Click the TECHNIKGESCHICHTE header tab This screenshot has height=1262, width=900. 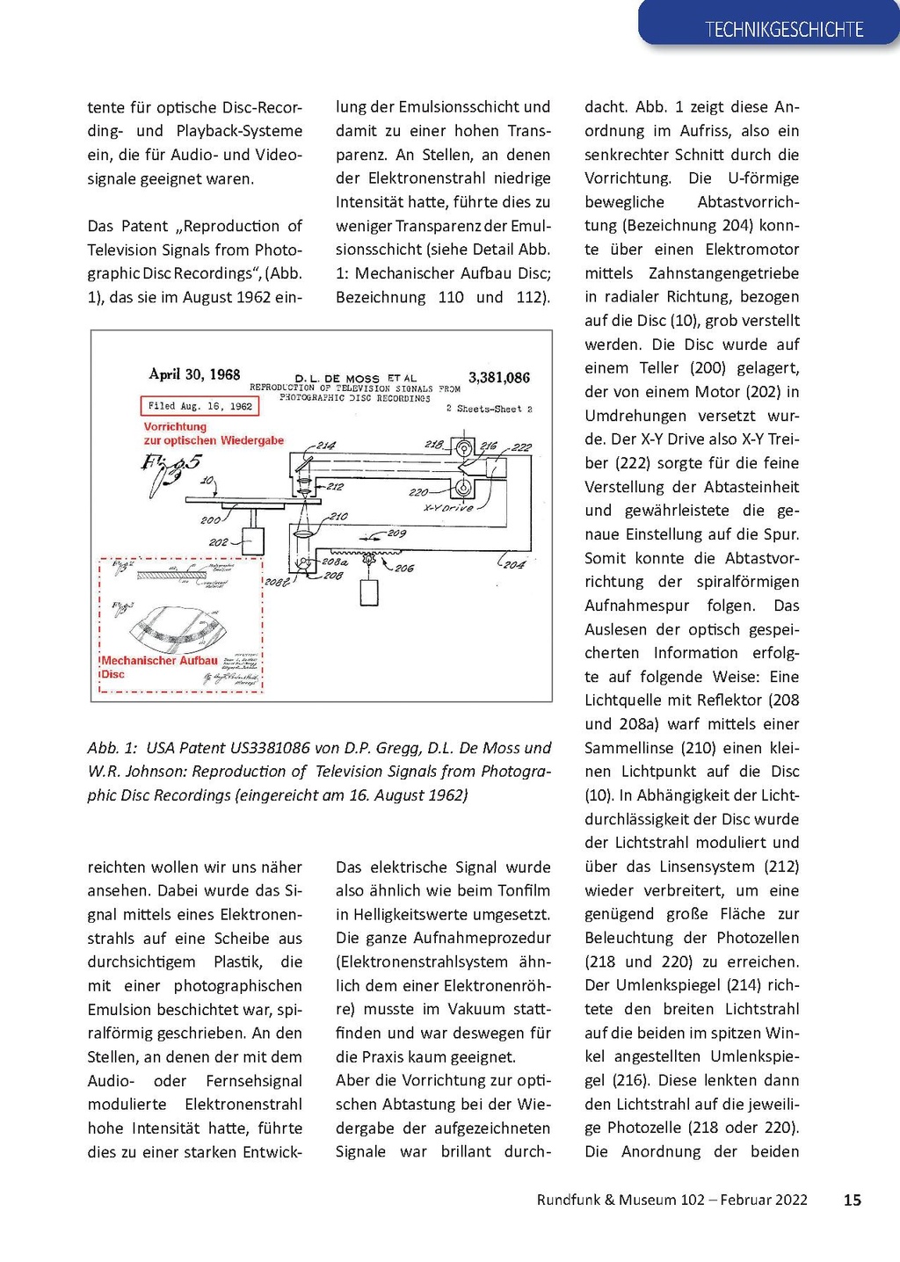(783, 29)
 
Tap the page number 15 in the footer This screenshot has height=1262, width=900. (852, 1200)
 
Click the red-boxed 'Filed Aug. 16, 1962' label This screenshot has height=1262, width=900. (200, 406)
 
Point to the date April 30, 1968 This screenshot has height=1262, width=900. (194, 374)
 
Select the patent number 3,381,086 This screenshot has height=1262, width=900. (498, 378)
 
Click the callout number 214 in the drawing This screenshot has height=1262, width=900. (326, 446)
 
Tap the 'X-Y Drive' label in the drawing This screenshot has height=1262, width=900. (448, 508)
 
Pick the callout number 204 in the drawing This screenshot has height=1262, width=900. (514, 564)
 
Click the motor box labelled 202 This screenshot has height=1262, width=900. (253, 541)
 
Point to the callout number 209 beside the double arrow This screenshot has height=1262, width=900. (396, 533)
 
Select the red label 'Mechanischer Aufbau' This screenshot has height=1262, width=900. (160, 661)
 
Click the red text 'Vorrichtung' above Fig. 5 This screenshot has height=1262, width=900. (175, 427)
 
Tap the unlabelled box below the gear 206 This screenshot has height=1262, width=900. (369, 593)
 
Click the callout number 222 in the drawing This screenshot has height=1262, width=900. (522, 447)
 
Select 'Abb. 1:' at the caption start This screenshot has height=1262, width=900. (112, 748)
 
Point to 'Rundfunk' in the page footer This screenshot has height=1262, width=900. (568, 1200)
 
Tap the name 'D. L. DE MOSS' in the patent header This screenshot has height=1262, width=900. (337, 379)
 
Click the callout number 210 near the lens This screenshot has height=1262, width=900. (338, 517)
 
